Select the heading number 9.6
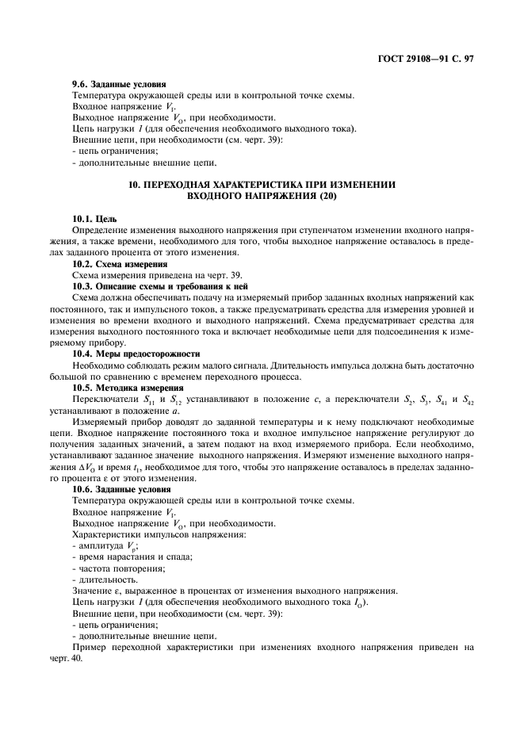click(82, 85)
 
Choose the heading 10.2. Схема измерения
click(120, 262)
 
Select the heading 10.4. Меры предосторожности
click(136, 353)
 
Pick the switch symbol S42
click(467, 400)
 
